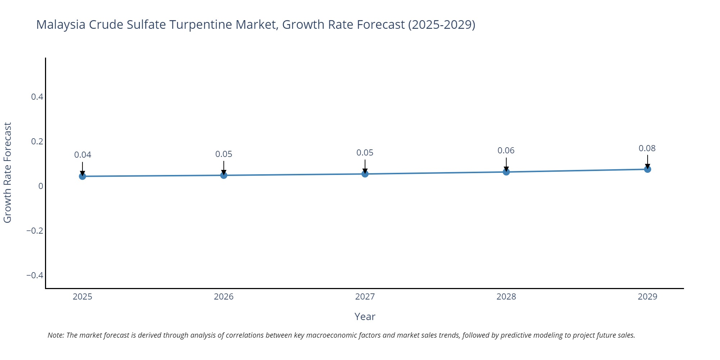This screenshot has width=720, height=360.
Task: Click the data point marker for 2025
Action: click(82, 176)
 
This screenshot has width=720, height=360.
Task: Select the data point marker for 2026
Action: click(224, 175)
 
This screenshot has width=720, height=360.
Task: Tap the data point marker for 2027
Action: click(365, 174)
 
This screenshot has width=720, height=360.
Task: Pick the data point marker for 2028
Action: click(506, 172)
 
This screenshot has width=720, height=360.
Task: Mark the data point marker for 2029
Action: click(647, 169)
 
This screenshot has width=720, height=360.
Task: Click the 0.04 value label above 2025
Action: click(82, 155)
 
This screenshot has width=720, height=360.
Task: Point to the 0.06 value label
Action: click(506, 150)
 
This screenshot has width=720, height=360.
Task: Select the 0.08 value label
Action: click(647, 148)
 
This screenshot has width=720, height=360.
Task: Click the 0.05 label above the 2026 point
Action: click(224, 154)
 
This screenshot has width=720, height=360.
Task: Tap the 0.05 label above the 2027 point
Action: click(365, 153)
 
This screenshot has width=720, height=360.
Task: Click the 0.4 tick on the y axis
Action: click(37, 97)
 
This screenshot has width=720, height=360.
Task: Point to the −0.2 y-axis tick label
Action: click(35, 231)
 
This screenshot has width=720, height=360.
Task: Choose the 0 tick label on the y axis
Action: click(41, 186)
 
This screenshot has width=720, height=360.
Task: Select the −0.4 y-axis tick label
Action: click(35, 275)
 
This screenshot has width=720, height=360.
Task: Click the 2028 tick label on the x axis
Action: click(506, 297)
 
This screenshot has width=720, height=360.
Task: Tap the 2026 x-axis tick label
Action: click(224, 297)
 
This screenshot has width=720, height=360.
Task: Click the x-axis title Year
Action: click(365, 316)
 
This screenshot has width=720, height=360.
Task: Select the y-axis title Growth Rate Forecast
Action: click(8, 172)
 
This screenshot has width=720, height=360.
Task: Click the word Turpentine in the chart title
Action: click(201, 24)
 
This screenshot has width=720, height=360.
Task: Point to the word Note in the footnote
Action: click(55, 335)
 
